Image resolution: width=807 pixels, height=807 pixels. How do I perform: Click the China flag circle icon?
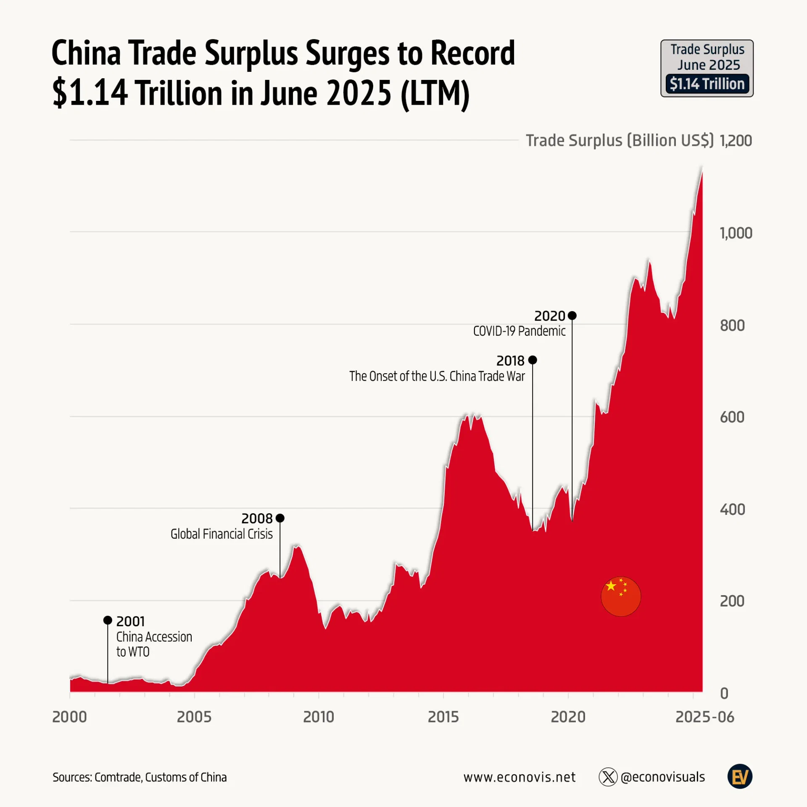point(621,596)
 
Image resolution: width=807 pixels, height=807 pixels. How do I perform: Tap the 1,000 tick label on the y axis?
point(736,233)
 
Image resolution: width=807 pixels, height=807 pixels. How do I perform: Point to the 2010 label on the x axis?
point(319,717)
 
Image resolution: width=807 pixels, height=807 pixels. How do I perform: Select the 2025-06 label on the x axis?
point(704,717)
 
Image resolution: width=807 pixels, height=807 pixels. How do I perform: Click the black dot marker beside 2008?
point(280,518)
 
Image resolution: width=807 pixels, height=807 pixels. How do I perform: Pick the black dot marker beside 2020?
point(572,315)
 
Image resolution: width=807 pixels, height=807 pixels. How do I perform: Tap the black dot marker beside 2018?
point(533,360)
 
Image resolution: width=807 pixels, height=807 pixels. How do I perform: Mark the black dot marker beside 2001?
point(108,620)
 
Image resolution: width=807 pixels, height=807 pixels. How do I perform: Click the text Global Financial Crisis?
point(222,534)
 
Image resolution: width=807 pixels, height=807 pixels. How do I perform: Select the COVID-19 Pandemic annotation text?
point(519,331)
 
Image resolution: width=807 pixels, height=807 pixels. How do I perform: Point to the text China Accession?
point(154,637)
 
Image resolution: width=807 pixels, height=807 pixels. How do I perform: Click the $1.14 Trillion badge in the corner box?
point(707,84)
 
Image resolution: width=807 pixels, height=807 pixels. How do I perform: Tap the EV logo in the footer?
point(740,776)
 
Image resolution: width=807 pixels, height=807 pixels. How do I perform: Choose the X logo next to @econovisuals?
point(608,777)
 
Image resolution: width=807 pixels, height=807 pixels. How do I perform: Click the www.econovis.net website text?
point(520,777)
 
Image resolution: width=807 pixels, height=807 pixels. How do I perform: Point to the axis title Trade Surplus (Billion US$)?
point(620,140)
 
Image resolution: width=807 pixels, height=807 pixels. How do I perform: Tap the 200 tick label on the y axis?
point(732,601)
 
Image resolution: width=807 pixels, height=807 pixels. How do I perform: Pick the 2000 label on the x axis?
point(69,717)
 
